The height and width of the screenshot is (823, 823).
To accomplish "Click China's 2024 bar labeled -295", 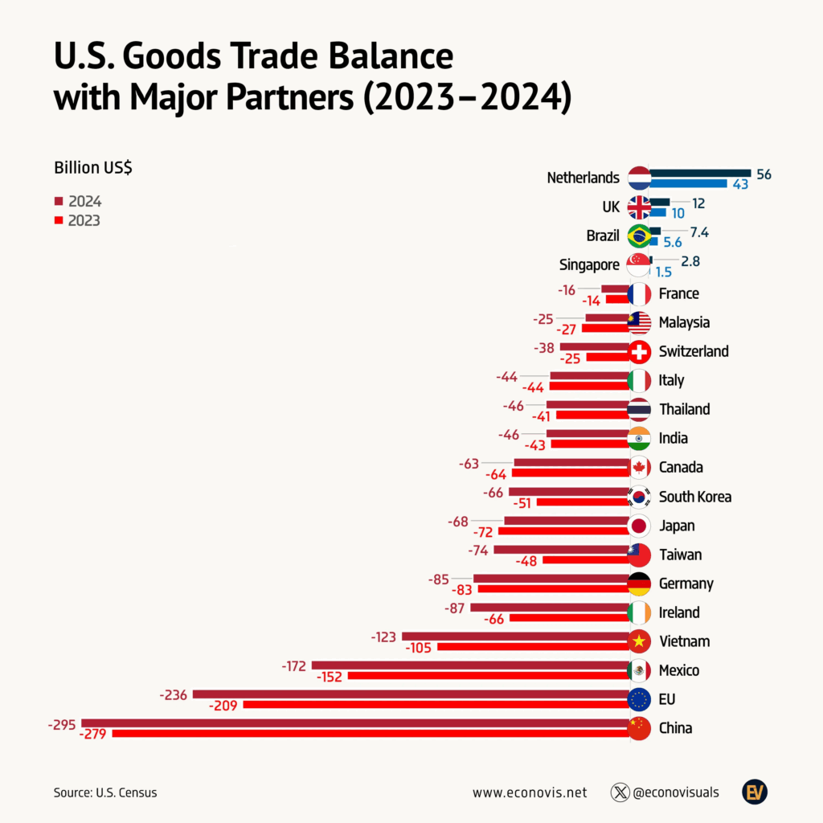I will click(x=354, y=723).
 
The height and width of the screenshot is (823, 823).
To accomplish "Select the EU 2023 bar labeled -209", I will click(x=435, y=705).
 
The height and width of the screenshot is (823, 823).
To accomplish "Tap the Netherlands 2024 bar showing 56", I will click(x=699, y=173).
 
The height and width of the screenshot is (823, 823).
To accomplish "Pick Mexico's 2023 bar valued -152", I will click(x=487, y=676).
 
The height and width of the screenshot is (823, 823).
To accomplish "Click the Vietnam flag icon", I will click(x=639, y=641).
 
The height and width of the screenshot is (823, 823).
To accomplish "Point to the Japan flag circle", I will click(x=639, y=526).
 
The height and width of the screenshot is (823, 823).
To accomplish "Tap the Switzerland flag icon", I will click(x=639, y=351).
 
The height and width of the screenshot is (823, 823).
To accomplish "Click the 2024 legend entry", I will click(x=78, y=201).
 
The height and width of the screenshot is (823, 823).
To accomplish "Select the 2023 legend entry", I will click(x=78, y=220).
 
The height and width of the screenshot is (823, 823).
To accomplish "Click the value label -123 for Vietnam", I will click(x=383, y=637).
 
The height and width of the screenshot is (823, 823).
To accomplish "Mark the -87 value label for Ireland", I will click(x=456, y=608).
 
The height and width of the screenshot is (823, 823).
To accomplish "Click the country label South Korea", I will click(x=694, y=497).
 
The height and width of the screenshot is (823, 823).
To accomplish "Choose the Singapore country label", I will click(x=589, y=264).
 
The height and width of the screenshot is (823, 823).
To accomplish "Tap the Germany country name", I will click(x=686, y=583).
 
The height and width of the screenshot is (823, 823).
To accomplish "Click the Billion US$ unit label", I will click(x=93, y=167).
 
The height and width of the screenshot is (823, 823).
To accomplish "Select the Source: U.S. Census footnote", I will click(x=105, y=792).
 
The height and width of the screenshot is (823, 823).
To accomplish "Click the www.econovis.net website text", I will click(x=530, y=792).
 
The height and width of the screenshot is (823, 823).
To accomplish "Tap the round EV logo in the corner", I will click(x=755, y=792).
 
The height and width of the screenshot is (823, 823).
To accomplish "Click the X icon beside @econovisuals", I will click(x=620, y=792).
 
